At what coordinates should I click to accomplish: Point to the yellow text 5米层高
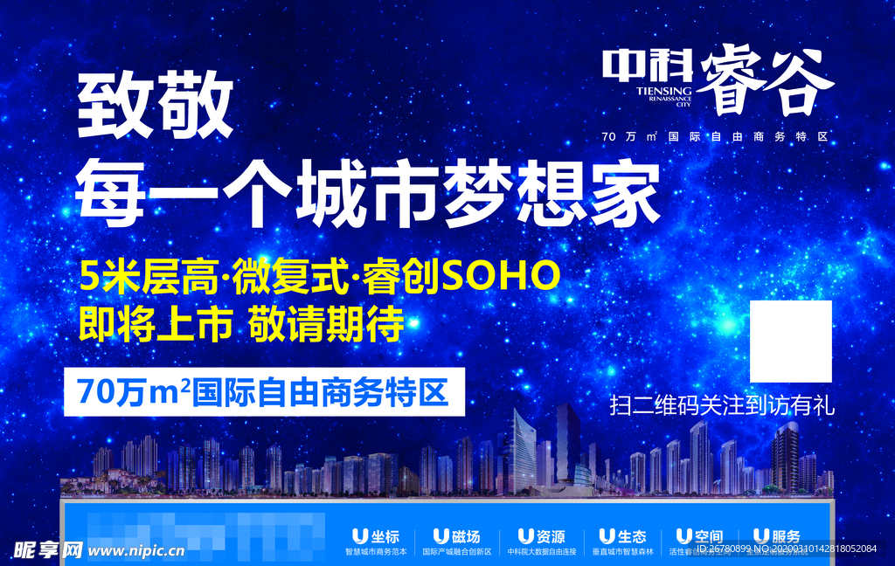146,278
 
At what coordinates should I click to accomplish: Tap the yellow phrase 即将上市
156,326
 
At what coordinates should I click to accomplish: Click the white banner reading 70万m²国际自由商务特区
263,392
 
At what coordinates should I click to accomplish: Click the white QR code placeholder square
792,341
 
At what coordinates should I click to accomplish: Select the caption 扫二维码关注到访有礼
722,406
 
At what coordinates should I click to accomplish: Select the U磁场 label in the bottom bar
455,536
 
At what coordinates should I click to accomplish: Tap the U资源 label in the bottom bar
541,536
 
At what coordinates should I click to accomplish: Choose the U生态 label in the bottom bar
622,536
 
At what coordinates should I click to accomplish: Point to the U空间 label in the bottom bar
698,536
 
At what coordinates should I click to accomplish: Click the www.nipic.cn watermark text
135,551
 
